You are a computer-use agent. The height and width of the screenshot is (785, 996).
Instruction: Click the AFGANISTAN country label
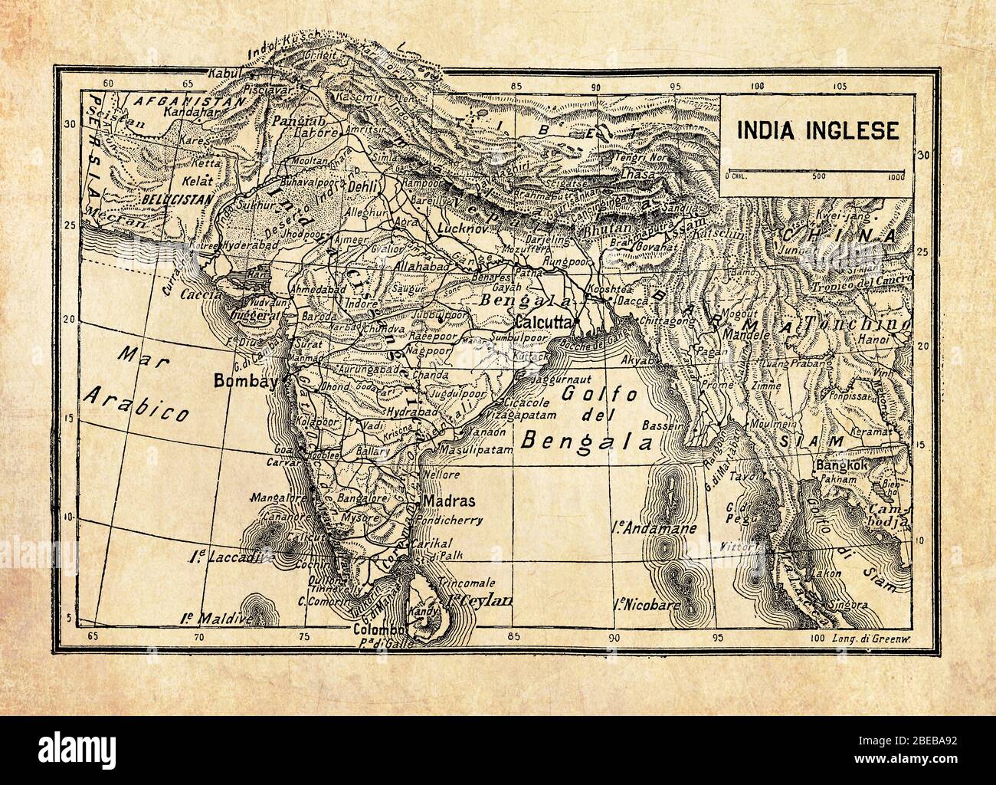coord(166,100)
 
